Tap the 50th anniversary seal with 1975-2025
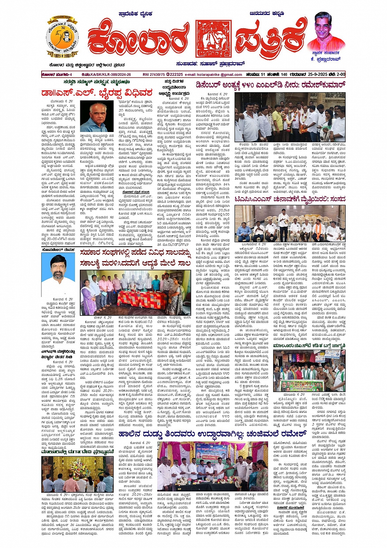click(x=62, y=38)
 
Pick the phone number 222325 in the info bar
click(x=176, y=75)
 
